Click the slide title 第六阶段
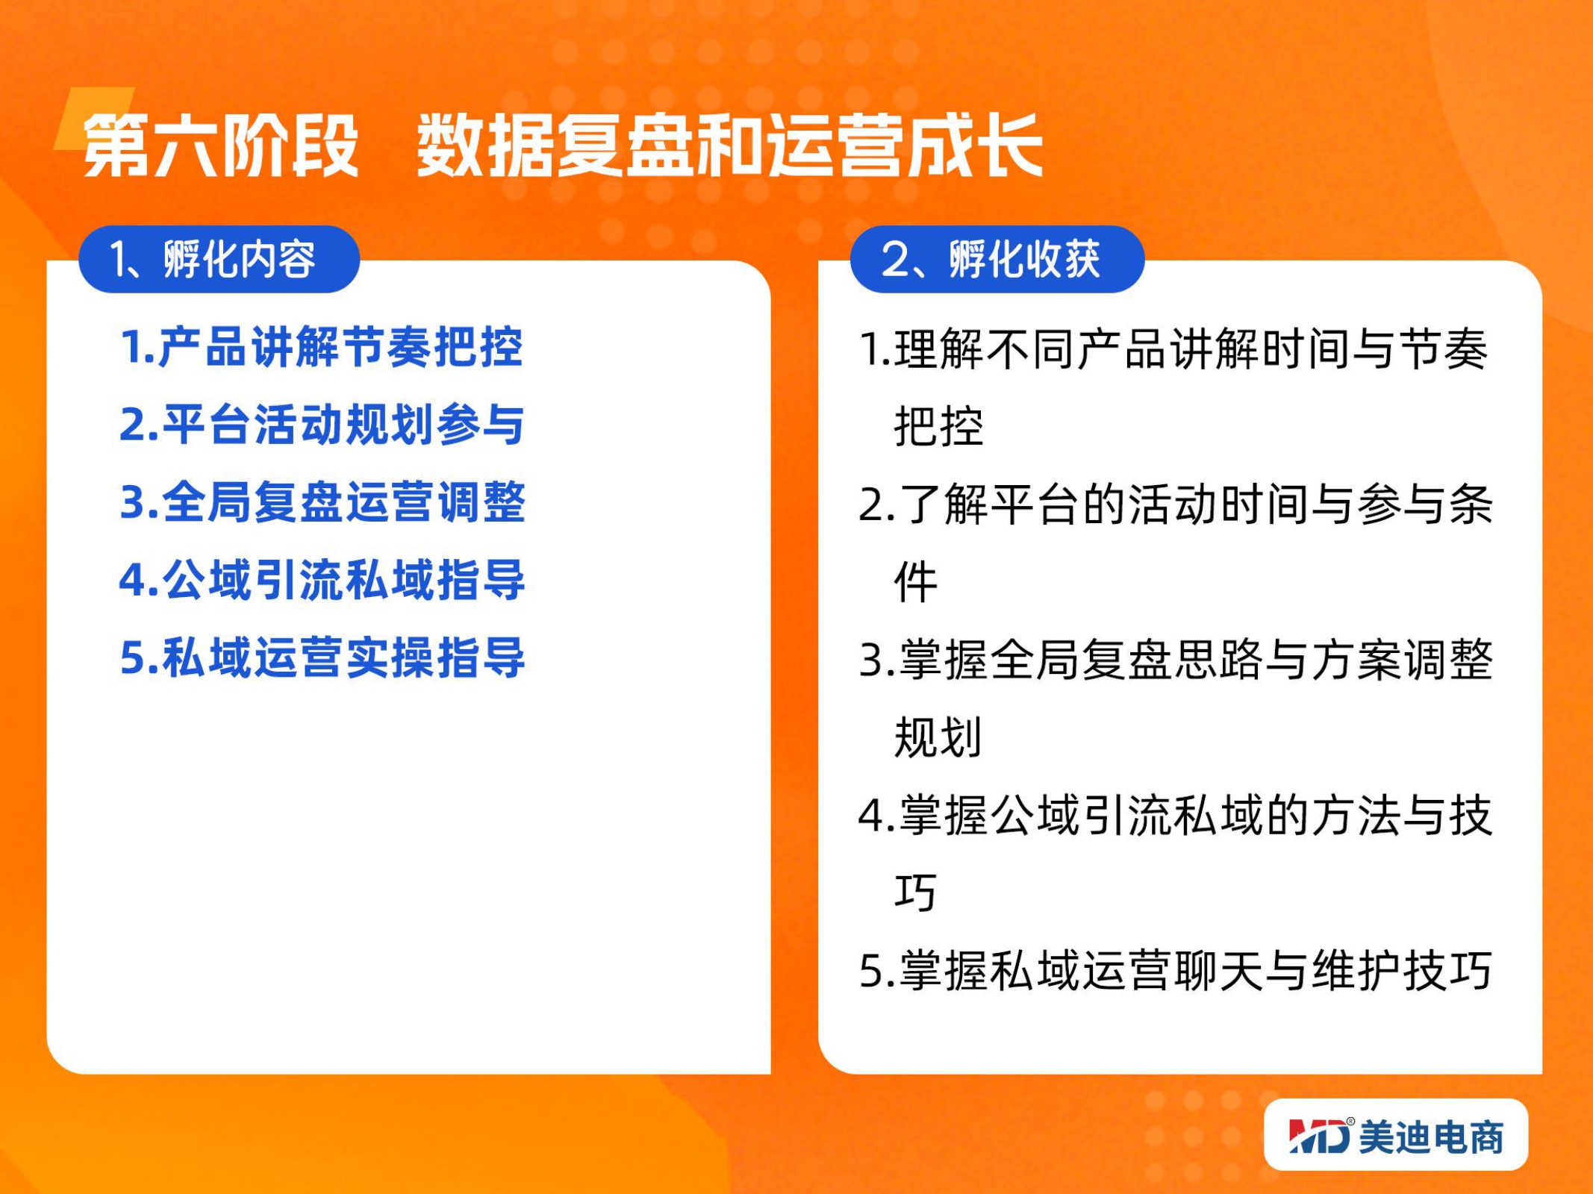221,145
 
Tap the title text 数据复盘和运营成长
729,145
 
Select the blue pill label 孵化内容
239,260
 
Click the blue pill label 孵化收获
1024,260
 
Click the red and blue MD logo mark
1320,1136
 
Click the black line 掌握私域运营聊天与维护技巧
1176,971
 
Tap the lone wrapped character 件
915,582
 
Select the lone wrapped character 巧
915,893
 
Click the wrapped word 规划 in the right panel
938,737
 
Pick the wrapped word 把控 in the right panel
938,427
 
